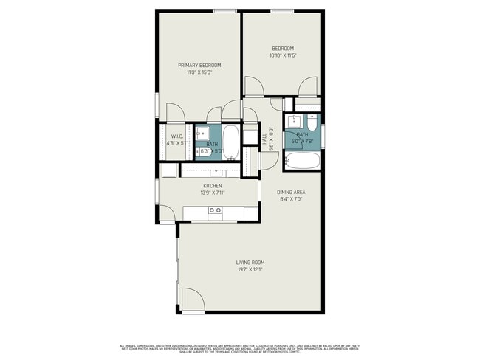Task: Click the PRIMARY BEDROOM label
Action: [x=199, y=65]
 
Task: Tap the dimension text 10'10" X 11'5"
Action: [x=282, y=55]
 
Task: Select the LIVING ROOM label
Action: [x=250, y=262]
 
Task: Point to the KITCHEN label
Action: [x=213, y=186]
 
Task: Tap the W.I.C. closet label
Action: [x=177, y=136]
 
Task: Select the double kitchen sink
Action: [x=215, y=211]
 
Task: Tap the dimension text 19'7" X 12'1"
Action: [x=250, y=269]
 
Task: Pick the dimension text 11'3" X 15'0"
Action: [x=199, y=72]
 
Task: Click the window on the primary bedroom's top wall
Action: [x=224, y=10]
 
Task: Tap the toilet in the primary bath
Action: [x=232, y=158]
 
